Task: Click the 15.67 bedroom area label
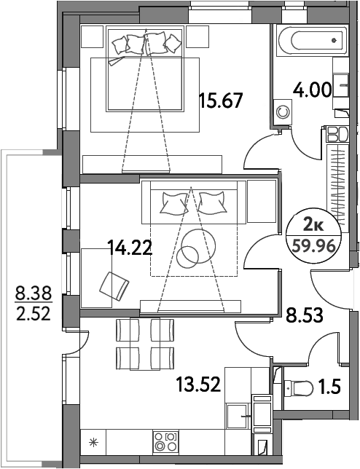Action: [x=221, y=100]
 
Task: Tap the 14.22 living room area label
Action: [x=130, y=248]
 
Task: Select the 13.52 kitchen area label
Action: [x=198, y=385]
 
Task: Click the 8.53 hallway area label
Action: [x=305, y=315]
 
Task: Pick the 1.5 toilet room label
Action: [x=331, y=387]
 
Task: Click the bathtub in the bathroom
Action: [x=313, y=40]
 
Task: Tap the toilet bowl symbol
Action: [x=298, y=388]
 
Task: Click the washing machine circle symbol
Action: [x=283, y=112]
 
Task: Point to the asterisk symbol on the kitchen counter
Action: [x=94, y=442]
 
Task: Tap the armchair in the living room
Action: [x=114, y=286]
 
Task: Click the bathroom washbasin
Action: [x=341, y=85]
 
